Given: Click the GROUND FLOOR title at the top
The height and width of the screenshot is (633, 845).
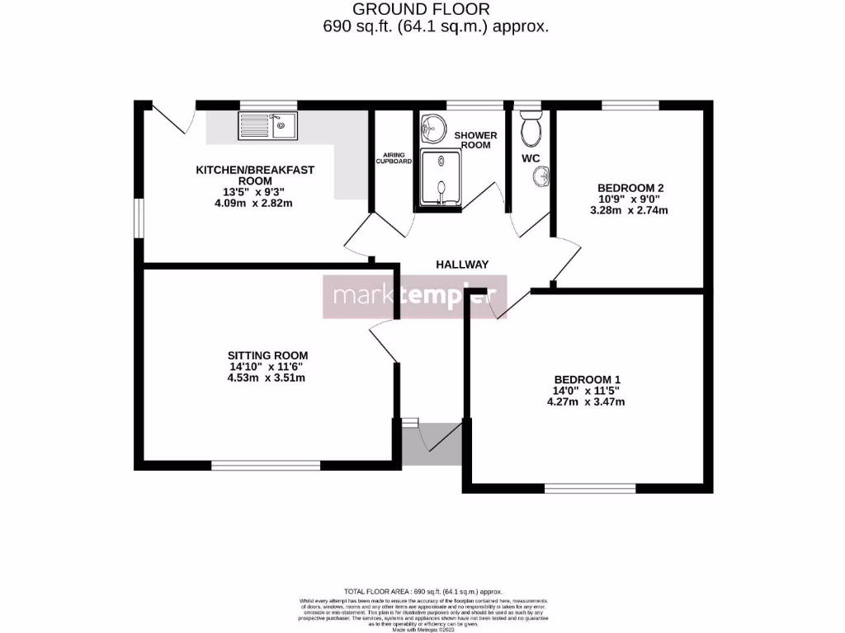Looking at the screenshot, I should [x=421, y=9].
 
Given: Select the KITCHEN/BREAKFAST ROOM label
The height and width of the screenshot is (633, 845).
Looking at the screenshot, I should [x=254, y=175].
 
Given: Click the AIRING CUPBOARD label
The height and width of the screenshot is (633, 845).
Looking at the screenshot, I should [x=394, y=158].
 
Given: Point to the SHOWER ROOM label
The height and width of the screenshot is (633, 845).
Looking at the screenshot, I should [x=475, y=139].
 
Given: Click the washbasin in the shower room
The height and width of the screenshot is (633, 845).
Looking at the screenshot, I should [x=432, y=128].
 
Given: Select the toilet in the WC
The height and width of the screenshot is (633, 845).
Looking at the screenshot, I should [x=531, y=128].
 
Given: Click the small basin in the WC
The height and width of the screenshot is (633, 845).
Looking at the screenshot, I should [x=541, y=175].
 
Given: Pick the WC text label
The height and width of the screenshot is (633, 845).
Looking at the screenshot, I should [x=531, y=157].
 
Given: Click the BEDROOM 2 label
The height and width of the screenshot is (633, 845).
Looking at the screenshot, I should [x=630, y=188].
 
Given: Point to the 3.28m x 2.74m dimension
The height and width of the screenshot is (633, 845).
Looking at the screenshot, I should [x=630, y=210].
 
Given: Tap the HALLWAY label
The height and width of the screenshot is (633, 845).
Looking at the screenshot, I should [x=462, y=265].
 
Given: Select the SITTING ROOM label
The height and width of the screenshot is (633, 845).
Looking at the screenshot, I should [x=268, y=355].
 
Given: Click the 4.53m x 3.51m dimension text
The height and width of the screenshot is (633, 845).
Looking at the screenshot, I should [x=267, y=378].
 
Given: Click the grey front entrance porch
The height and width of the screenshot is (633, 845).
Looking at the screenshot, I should [x=432, y=443].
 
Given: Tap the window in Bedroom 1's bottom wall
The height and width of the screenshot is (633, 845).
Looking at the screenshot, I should [x=589, y=489].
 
